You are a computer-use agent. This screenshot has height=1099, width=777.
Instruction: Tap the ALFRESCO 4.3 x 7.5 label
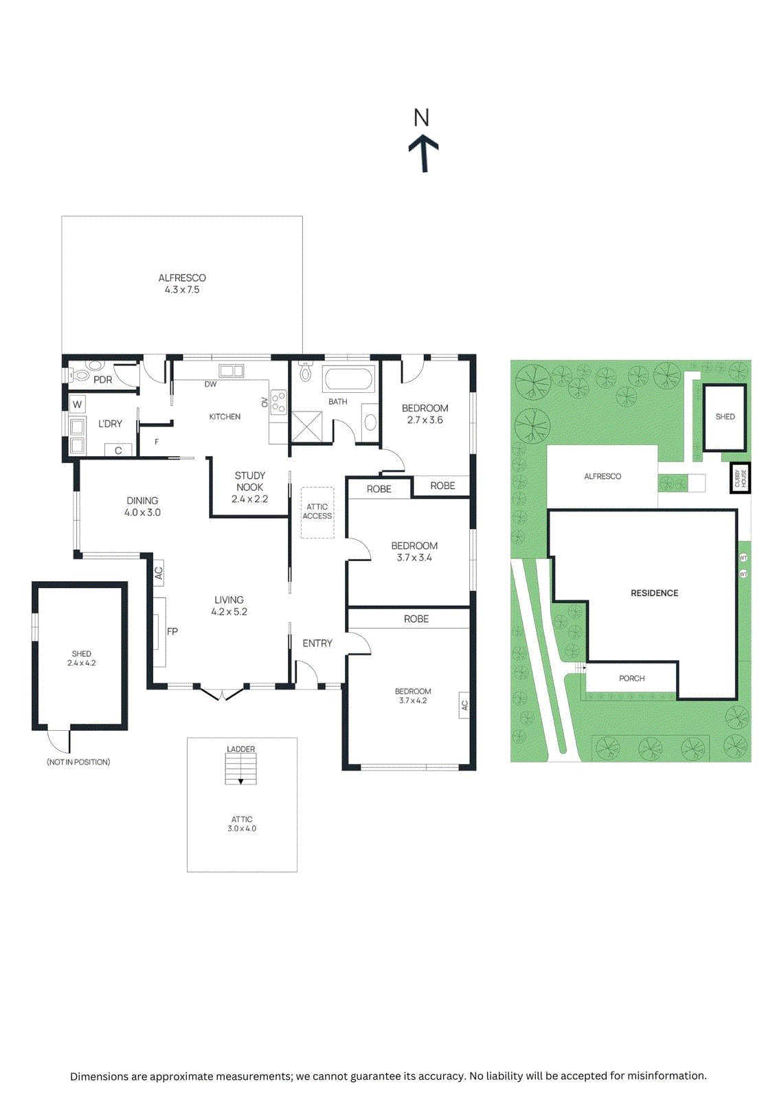pos(182,284)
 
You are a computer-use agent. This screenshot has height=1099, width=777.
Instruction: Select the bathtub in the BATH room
pos(348,379)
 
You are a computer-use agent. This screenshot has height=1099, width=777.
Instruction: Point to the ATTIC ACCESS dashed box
pos(317,512)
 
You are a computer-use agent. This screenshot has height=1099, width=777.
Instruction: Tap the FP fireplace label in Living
pos(172,631)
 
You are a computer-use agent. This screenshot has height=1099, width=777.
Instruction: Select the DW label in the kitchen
pos(210,385)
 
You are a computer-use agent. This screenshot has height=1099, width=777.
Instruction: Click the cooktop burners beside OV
pos(278,402)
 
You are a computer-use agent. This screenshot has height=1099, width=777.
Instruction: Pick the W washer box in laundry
pos(77,404)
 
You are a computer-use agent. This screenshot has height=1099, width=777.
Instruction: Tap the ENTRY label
pos(317,643)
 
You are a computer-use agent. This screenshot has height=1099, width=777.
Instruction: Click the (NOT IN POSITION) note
pos(78,762)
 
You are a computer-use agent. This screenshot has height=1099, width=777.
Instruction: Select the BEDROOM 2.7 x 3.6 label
pos(425,413)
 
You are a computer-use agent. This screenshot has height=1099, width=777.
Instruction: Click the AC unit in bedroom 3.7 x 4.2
pos(464,705)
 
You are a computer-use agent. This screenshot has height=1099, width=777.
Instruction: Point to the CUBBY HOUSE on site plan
pos(741,477)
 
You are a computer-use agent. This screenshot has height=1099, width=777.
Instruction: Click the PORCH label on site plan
pos(631,678)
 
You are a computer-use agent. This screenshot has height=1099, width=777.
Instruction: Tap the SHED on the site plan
pos(725,417)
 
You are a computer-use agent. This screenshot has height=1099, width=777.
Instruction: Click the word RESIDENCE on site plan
pos(654,593)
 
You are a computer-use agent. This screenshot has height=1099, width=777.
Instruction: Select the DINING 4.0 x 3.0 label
pos(142,506)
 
